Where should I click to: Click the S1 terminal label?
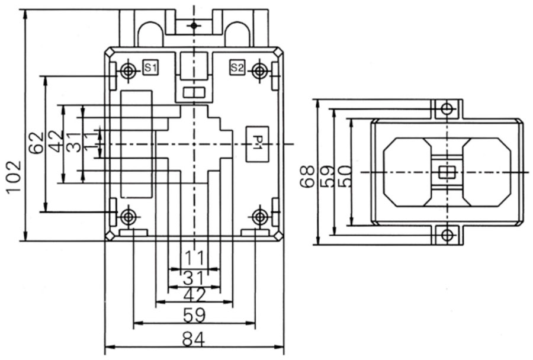[x=150, y=68]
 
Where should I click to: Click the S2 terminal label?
[x=236, y=67]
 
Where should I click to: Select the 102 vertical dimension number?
[x=13, y=176]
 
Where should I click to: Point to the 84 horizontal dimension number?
[x=193, y=340]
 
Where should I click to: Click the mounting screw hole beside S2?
[x=258, y=71]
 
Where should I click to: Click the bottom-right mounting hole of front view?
[x=259, y=217]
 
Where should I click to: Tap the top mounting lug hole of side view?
[x=447, y=109]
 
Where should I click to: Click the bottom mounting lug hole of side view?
[x=447, y=235]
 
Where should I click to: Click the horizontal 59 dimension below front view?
[x=194, y=314]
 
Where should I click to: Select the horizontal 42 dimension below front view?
[x=194, y=295]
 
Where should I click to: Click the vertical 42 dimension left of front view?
[x=56, y=143]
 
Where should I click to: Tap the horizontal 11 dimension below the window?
[x=194, y=258]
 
